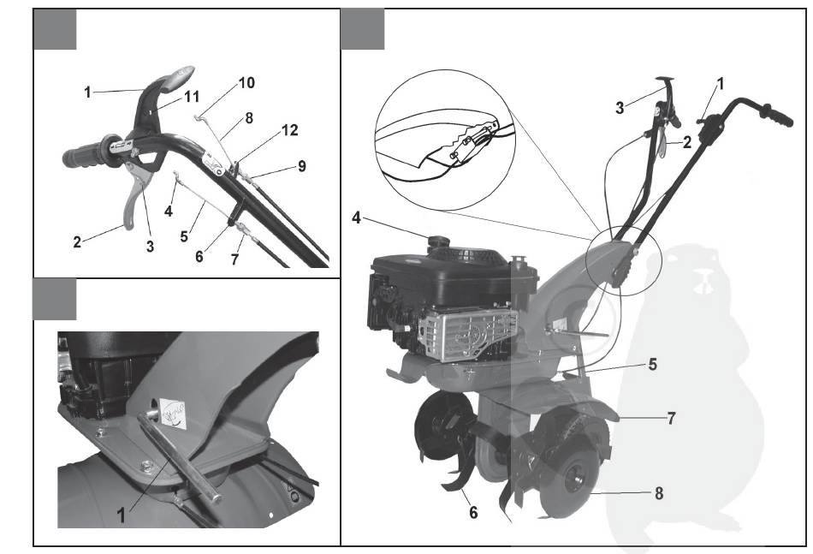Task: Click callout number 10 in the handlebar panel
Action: tap(246, 82)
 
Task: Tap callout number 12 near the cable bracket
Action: tap(290, 129)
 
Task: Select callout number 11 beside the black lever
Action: tap(192, 97)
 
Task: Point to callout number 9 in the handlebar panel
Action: tap(302, 166)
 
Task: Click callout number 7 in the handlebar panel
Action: tap(234, 259)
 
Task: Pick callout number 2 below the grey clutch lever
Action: tap(77, 241)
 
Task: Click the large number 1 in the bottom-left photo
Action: tap(121, 515)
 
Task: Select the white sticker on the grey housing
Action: tap(172, 413)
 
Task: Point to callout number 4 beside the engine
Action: tap(356, 217)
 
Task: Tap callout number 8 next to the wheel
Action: tap(658, 493)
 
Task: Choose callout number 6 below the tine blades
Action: tap(473, 513)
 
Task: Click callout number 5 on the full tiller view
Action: tap(652, 364)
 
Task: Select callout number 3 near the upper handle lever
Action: tap(620, 109)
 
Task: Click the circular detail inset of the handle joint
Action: tap(444, 140)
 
